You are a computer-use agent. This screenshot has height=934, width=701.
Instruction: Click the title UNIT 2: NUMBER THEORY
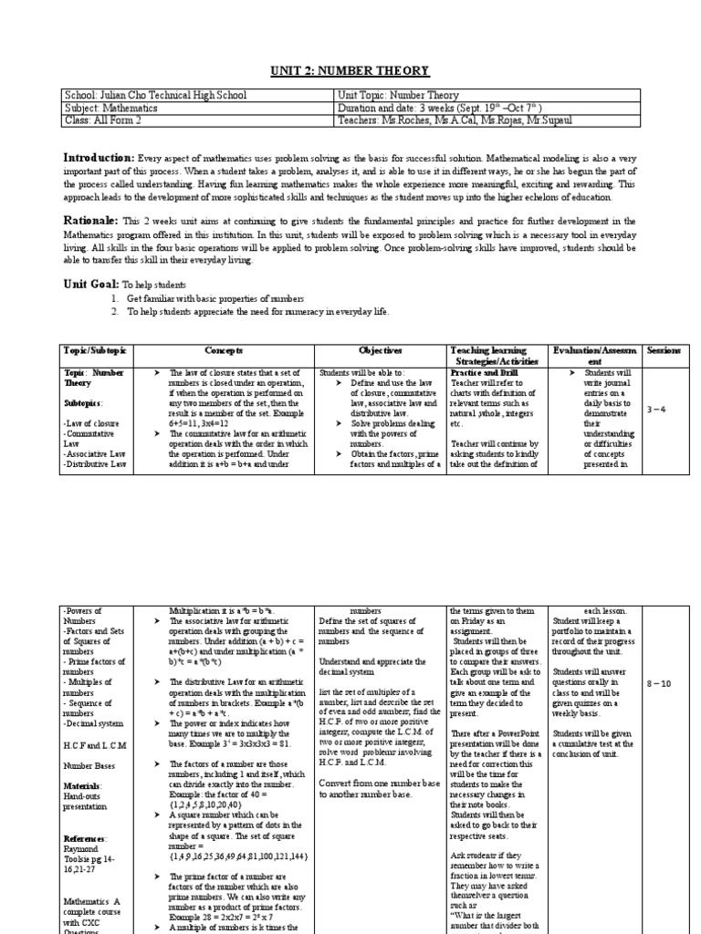350,71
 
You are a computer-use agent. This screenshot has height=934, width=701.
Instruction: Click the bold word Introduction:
99,157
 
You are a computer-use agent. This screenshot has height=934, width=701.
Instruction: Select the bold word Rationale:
91,221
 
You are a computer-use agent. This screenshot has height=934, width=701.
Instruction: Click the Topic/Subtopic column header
97,350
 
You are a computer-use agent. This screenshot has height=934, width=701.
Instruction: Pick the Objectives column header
380,350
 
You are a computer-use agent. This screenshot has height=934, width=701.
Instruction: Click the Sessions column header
668,350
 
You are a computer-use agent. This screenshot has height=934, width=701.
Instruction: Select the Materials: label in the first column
82,784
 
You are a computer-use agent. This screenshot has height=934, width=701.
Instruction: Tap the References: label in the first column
85,837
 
